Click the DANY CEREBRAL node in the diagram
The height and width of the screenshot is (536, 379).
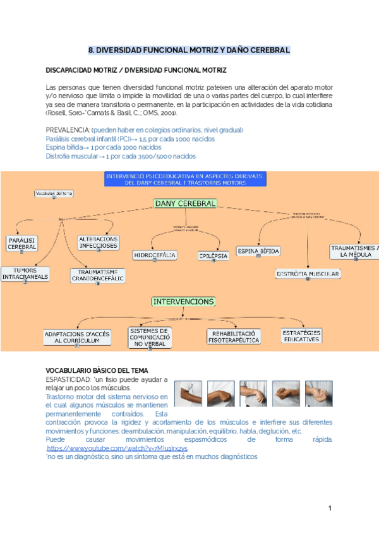(185, 204)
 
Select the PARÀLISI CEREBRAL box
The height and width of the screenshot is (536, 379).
(22, 243)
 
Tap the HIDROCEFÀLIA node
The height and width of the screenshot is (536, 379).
(155, 255)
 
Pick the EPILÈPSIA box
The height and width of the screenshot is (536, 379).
(213, 255)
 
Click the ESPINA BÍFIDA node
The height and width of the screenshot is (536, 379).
(258, 251)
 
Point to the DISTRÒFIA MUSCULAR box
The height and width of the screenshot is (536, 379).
(308, 274)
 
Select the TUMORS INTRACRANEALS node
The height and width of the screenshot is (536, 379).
(24, 274)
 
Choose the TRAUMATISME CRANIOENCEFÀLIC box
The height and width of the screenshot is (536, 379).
(98, 275)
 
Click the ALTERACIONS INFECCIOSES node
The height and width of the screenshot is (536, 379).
(98, 242)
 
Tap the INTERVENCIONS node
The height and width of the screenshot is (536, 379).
(184, 301)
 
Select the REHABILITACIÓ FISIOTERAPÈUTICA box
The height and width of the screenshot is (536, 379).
(234, 336)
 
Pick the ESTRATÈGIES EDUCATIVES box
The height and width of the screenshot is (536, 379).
(301, 336)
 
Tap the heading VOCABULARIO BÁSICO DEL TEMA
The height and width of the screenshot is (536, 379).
(97, 370)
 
